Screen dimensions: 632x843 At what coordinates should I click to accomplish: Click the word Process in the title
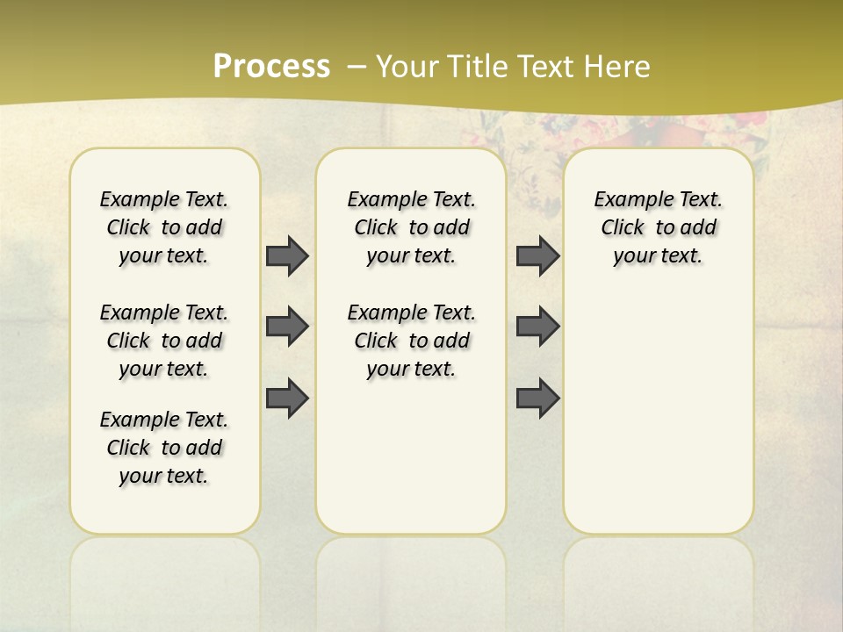(271, 67)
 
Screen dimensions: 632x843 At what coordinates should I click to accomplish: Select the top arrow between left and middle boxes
(287, 255)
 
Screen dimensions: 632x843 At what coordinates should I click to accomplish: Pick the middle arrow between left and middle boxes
(287, 327)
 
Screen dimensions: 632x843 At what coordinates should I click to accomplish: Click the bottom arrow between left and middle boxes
(287, 398)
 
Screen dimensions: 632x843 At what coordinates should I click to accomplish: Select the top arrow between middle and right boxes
(537, 255)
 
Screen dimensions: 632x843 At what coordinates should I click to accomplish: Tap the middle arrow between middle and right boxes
(537, 327)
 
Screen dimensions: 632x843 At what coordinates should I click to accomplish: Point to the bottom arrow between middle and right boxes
(537, 398)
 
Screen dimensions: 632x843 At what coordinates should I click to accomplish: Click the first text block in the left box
(164, 227)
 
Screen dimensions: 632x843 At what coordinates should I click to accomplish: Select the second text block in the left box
(164, 341)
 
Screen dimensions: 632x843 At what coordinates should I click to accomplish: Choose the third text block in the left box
(164, 448)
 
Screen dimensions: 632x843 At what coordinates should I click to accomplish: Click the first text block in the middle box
(411, 227)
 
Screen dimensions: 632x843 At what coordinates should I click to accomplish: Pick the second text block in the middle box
(411, 341)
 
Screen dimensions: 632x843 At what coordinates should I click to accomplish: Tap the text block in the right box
(659, 227)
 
